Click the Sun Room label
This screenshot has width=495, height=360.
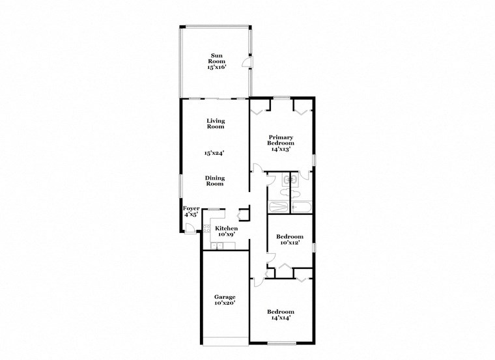tap(215, 57)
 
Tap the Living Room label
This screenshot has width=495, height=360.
tap(215, 123)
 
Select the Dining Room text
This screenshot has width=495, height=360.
tap(215, 180)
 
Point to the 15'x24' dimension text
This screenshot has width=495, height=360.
tap(215, 154)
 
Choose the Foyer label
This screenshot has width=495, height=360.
tap(191, 208)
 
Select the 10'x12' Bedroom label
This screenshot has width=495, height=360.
tap(290, 240)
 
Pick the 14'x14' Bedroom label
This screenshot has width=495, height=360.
tap(281, 314)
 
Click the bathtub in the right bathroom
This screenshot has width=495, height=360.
tap(302, 207)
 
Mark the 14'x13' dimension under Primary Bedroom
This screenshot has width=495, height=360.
tap(281, 149)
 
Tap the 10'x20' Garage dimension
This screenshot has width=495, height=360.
tap(225, 303)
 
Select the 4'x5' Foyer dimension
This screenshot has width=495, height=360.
tap(191, 215)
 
